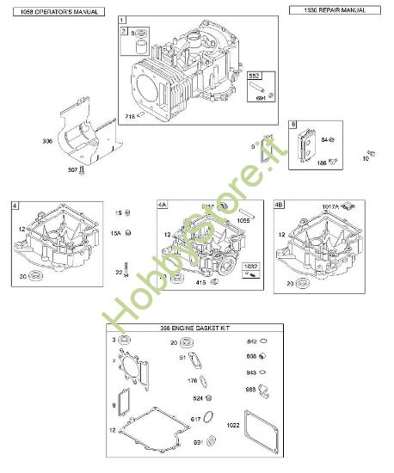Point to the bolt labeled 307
tap(82, 170)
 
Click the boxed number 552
tap(255, 77)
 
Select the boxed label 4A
tap(163, 206)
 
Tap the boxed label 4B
tap(278, 206)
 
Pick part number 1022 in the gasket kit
tap(255, 423)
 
